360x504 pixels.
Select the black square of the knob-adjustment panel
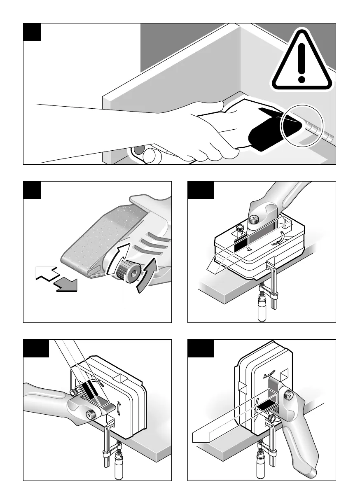tap(32, 190)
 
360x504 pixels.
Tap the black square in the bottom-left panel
tap(36, 348)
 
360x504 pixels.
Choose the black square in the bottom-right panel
tap(201, 348)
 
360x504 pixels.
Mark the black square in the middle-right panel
tap(201, 190)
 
